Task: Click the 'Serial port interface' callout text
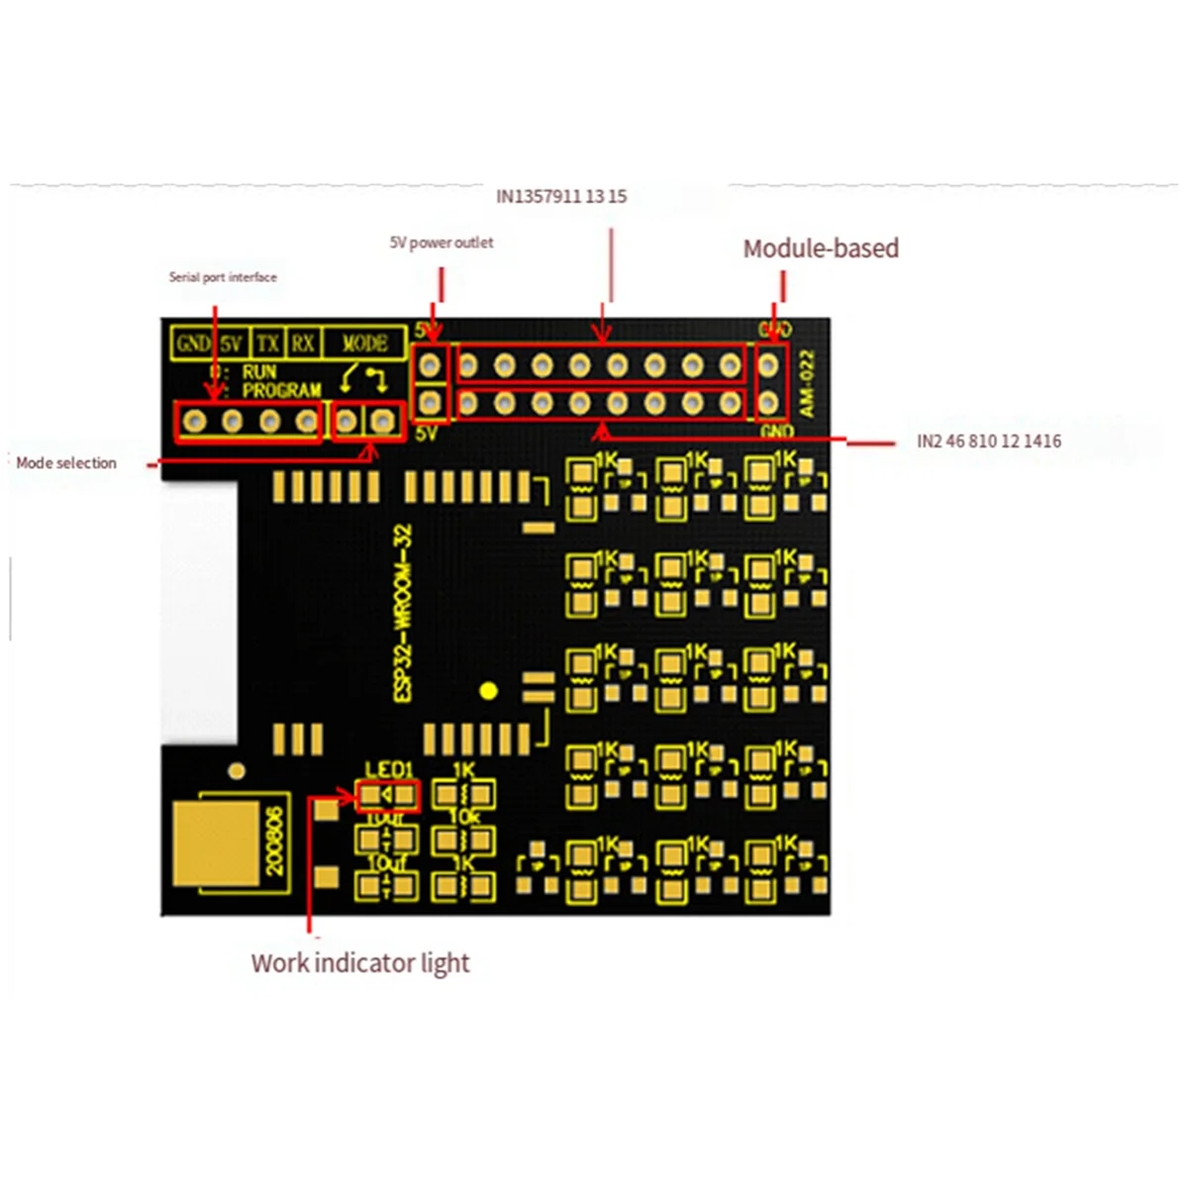coord(223,277)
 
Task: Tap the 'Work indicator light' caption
coord(360,963)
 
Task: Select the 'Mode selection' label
coord(66,462)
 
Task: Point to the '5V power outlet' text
coord(442,243)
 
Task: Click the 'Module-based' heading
coord(821,248)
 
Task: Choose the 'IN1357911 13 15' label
coord(561,196)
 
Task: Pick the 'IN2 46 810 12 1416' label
coord(989,442)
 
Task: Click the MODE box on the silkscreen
coord(363,344)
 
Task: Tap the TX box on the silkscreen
coord(267,344)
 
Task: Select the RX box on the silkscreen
coord(302,344)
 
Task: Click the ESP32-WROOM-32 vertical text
coord(403,614)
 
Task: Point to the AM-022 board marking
coord(806,384)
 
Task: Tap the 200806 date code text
coord(274,841)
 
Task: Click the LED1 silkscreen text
coord(388,770)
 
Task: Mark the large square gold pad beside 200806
coord(216,841)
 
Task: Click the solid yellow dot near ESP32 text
coord(487,691)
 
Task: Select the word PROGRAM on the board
coord(281,391)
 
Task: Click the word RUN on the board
coord(259,372)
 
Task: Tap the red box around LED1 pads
coord(387,795)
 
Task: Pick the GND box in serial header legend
coord(192,344)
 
